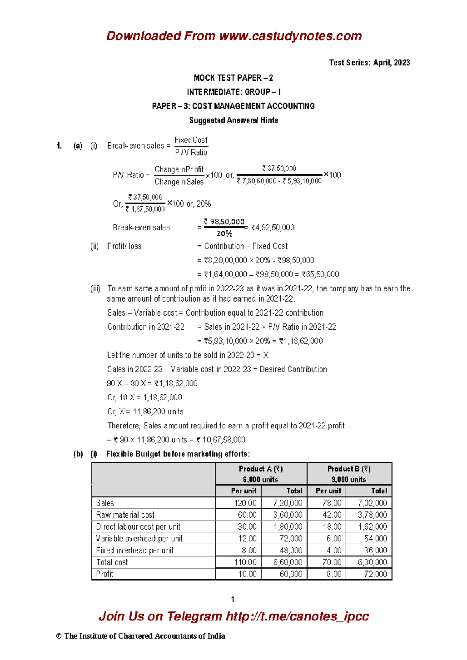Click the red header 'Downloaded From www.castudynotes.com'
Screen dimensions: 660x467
(x=234, y=36)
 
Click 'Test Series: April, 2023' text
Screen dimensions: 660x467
(x=369, y=63)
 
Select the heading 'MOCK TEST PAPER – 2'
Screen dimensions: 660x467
(x=233, y=78)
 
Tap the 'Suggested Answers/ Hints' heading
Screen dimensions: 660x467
(x=233, y=120)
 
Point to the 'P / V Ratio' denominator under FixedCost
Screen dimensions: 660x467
(x=191, y=153)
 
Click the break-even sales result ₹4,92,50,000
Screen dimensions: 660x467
(x=273, y=227)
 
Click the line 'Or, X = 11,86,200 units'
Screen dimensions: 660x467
(x=145, y=411)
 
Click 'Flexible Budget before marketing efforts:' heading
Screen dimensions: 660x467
(x=178, y=454)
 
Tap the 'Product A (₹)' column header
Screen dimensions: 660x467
(x=261, y=469)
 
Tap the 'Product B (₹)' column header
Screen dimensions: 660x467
(x=349, y=469)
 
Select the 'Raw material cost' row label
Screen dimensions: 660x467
(x=125, y=515)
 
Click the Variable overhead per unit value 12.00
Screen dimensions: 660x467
(x=248, y=539)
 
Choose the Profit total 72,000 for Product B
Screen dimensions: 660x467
(x=375, y=574)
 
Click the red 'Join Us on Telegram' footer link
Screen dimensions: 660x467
(x=233, y=616)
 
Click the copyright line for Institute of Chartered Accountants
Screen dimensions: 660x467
(x=140, y=636)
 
